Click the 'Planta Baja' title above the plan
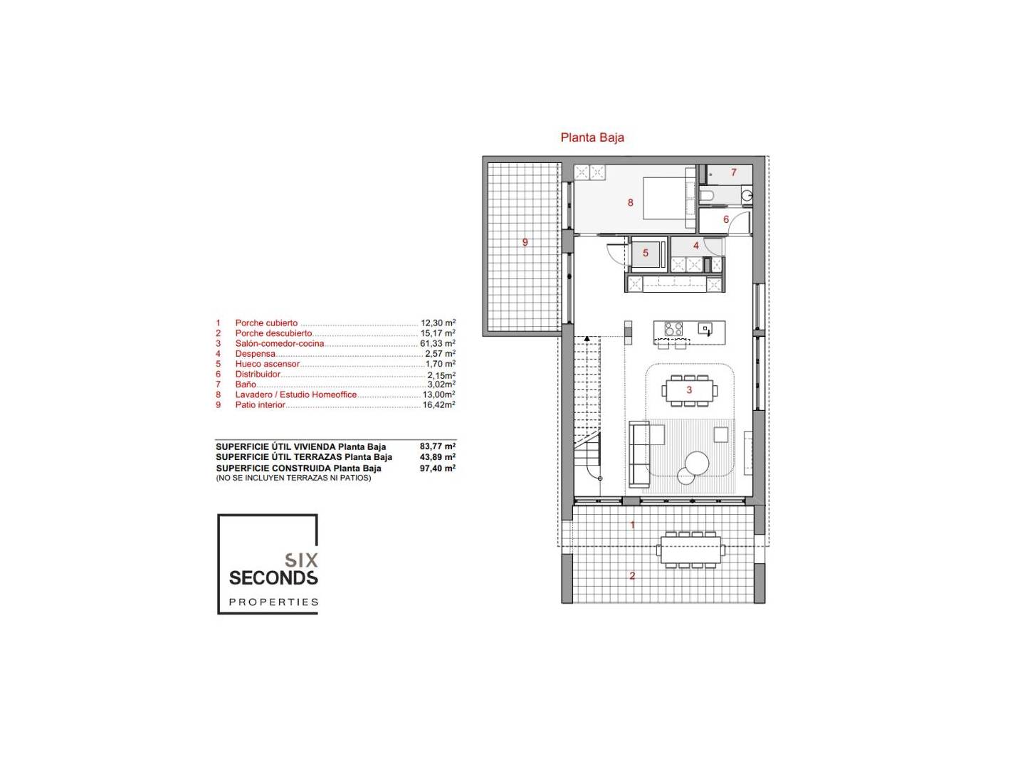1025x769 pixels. (x=592, y=137)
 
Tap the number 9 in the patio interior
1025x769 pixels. (x=525, y=242)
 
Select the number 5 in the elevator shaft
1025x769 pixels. (x=646, y=253)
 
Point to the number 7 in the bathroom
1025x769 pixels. (x=734, y=172)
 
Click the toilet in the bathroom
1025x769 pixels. (x=706, y=195)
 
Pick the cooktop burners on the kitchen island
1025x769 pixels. (x=673, y=328)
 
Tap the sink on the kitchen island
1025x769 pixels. (x=705, y=328)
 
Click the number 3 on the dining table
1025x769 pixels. (x=689, y=389)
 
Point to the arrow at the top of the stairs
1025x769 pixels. (x=587, y=340)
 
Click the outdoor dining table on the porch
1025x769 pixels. (x=690, y=549)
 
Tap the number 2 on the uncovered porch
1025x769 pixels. (x=632, y=576)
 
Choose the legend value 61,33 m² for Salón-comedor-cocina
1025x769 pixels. (x=438, y=343)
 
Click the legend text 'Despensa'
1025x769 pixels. (x=255, y=353)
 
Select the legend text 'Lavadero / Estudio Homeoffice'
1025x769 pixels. (x=295, y=394)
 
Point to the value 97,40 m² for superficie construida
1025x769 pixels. (x=438, y=468)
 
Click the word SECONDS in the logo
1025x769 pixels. (x=273, y=578)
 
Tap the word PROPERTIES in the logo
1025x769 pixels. (x=273, y=602)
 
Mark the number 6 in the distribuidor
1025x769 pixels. (x=725, y=219)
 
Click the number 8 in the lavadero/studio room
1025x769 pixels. (x=631, y=203)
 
